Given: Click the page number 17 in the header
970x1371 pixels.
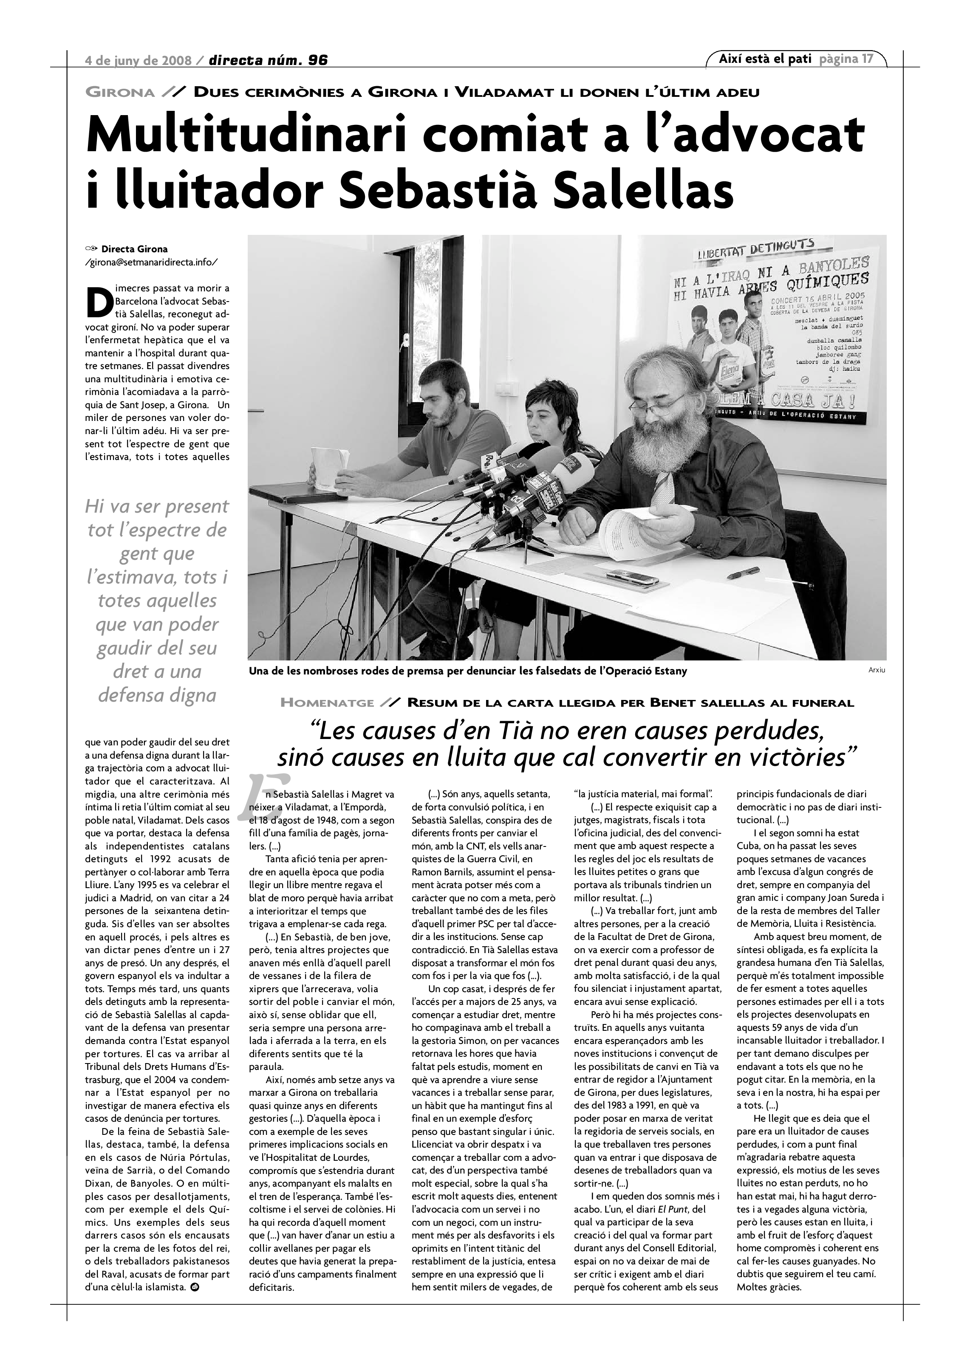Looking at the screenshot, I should click(x=867, y=59).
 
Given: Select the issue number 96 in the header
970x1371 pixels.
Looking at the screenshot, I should click(x=318, y=60).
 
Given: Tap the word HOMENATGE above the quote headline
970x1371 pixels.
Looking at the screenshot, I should click(x=327, y=703).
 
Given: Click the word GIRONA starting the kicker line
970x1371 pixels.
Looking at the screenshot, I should click(x=121, y=93).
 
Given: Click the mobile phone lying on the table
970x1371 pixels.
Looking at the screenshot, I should click(x=633, y=578).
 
